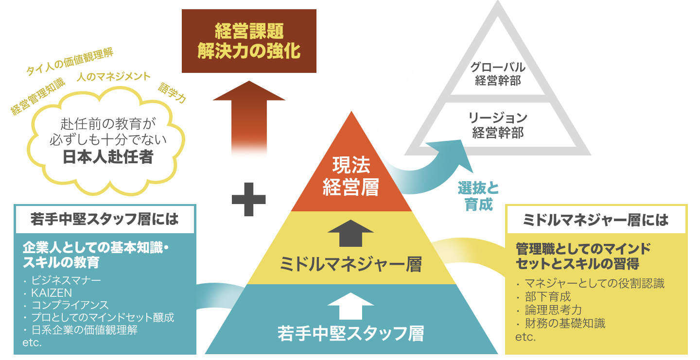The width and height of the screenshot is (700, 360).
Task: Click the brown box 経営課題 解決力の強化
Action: tap(248, 41)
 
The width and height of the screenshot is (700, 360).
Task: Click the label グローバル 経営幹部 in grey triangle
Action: tap(498, 74)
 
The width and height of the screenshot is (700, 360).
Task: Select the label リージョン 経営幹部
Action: tap(498, 125)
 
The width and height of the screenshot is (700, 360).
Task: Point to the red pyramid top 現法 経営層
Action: tap(350, 176)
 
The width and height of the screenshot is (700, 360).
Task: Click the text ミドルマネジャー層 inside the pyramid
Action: tap(350, 265)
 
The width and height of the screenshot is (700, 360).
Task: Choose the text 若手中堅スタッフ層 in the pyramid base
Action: tap(350, 334)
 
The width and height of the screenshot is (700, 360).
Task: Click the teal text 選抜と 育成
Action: tap(478, 196)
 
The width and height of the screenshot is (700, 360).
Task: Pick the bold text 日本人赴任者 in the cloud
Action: tap(107, 157)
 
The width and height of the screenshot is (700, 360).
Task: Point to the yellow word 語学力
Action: tap(172, 92)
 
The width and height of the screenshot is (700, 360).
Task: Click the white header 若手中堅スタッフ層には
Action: tap(105, 219)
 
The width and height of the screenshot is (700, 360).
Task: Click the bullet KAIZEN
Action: tap(52, 293)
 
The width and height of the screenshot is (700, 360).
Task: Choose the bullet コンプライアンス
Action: tap(70, 306)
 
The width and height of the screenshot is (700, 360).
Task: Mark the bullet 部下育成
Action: tap(548, 296)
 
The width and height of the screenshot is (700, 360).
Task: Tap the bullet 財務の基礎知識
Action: tap(565, 323)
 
